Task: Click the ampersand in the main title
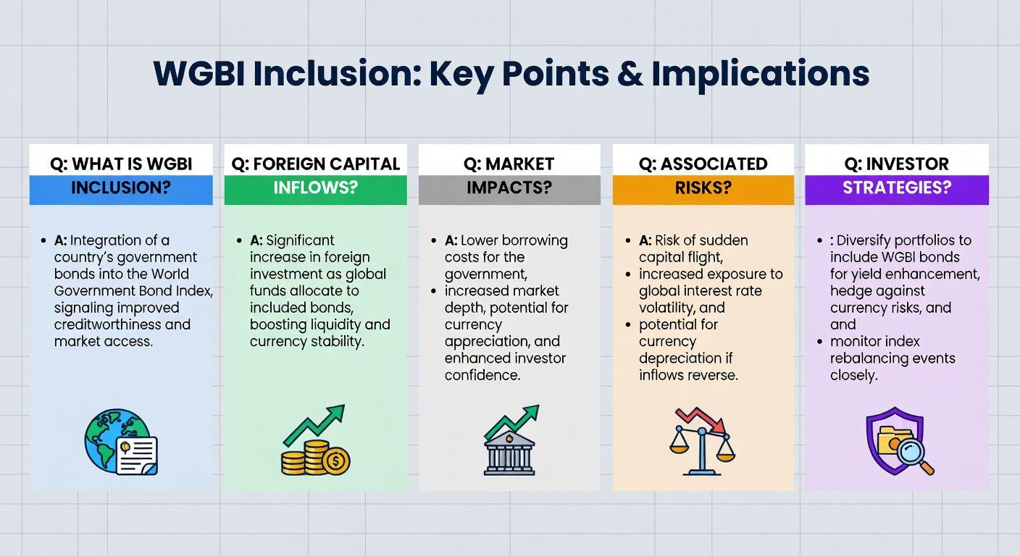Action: [x=630, y=73]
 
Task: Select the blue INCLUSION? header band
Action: [x=121, y=190]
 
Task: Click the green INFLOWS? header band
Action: [x=316, y=190]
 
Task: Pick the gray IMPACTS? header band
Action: [x=509, y=190]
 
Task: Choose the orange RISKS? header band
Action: [x=703, y=190]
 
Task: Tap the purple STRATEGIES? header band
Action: [x=897, y=190]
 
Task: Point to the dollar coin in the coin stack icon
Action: [x=336, y=461]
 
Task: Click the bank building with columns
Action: [x=509, y=453]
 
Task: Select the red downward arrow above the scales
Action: [x=700, y=419]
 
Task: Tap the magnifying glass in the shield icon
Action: [x=912, y=456]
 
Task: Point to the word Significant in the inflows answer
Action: [x=300, y=240]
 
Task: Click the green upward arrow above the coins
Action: [x=314, y=424]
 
